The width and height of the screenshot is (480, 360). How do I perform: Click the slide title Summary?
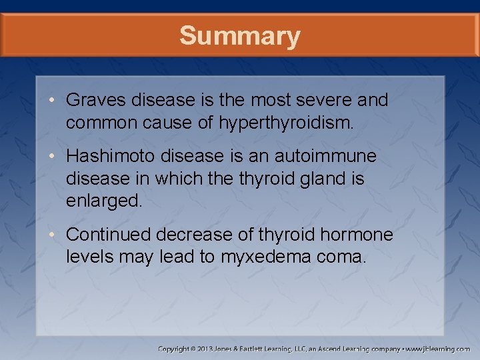pos(239,35)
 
